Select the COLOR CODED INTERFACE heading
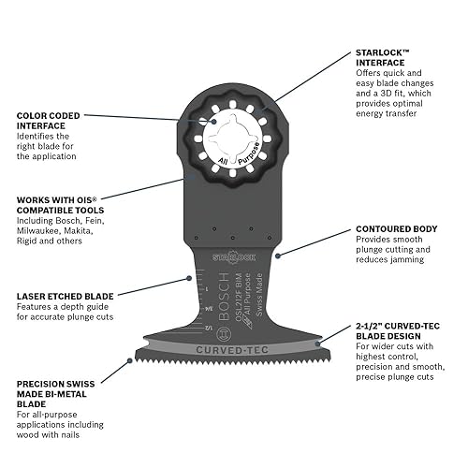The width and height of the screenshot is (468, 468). point(54,123)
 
